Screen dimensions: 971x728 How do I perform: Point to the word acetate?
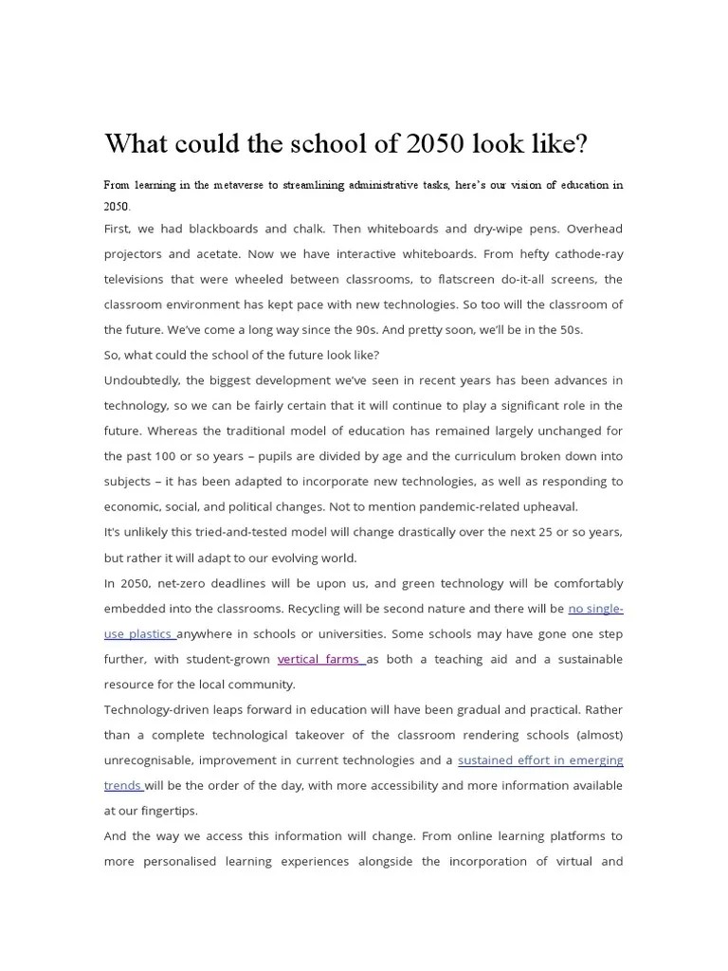[x=243, y=254]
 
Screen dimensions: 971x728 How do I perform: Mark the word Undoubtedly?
[x=141, y=380]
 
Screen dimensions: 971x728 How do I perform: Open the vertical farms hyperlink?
[x=320, y=659]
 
